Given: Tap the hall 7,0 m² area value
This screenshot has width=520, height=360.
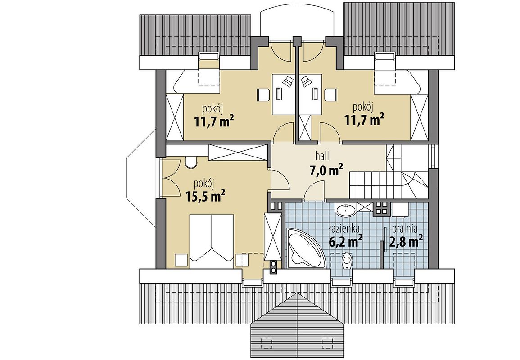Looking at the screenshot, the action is [x=326, y=171].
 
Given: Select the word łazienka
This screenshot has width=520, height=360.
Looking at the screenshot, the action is [x=344, y=229].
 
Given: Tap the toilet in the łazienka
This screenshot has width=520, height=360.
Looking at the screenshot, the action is [x=347, y=260].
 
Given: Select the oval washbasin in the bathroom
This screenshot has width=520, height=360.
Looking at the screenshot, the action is [x=346, y=210].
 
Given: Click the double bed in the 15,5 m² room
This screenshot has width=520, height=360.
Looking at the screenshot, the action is [x=212, y=237].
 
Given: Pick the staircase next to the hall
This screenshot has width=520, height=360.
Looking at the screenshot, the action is [x=389, y=173].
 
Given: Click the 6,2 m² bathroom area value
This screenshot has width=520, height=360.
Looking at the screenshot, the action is [x=345, y=241].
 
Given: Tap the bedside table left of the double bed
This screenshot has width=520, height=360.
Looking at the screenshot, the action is [x=181, y=260].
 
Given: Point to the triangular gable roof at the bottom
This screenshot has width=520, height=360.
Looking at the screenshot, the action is [x=297, y=325].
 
